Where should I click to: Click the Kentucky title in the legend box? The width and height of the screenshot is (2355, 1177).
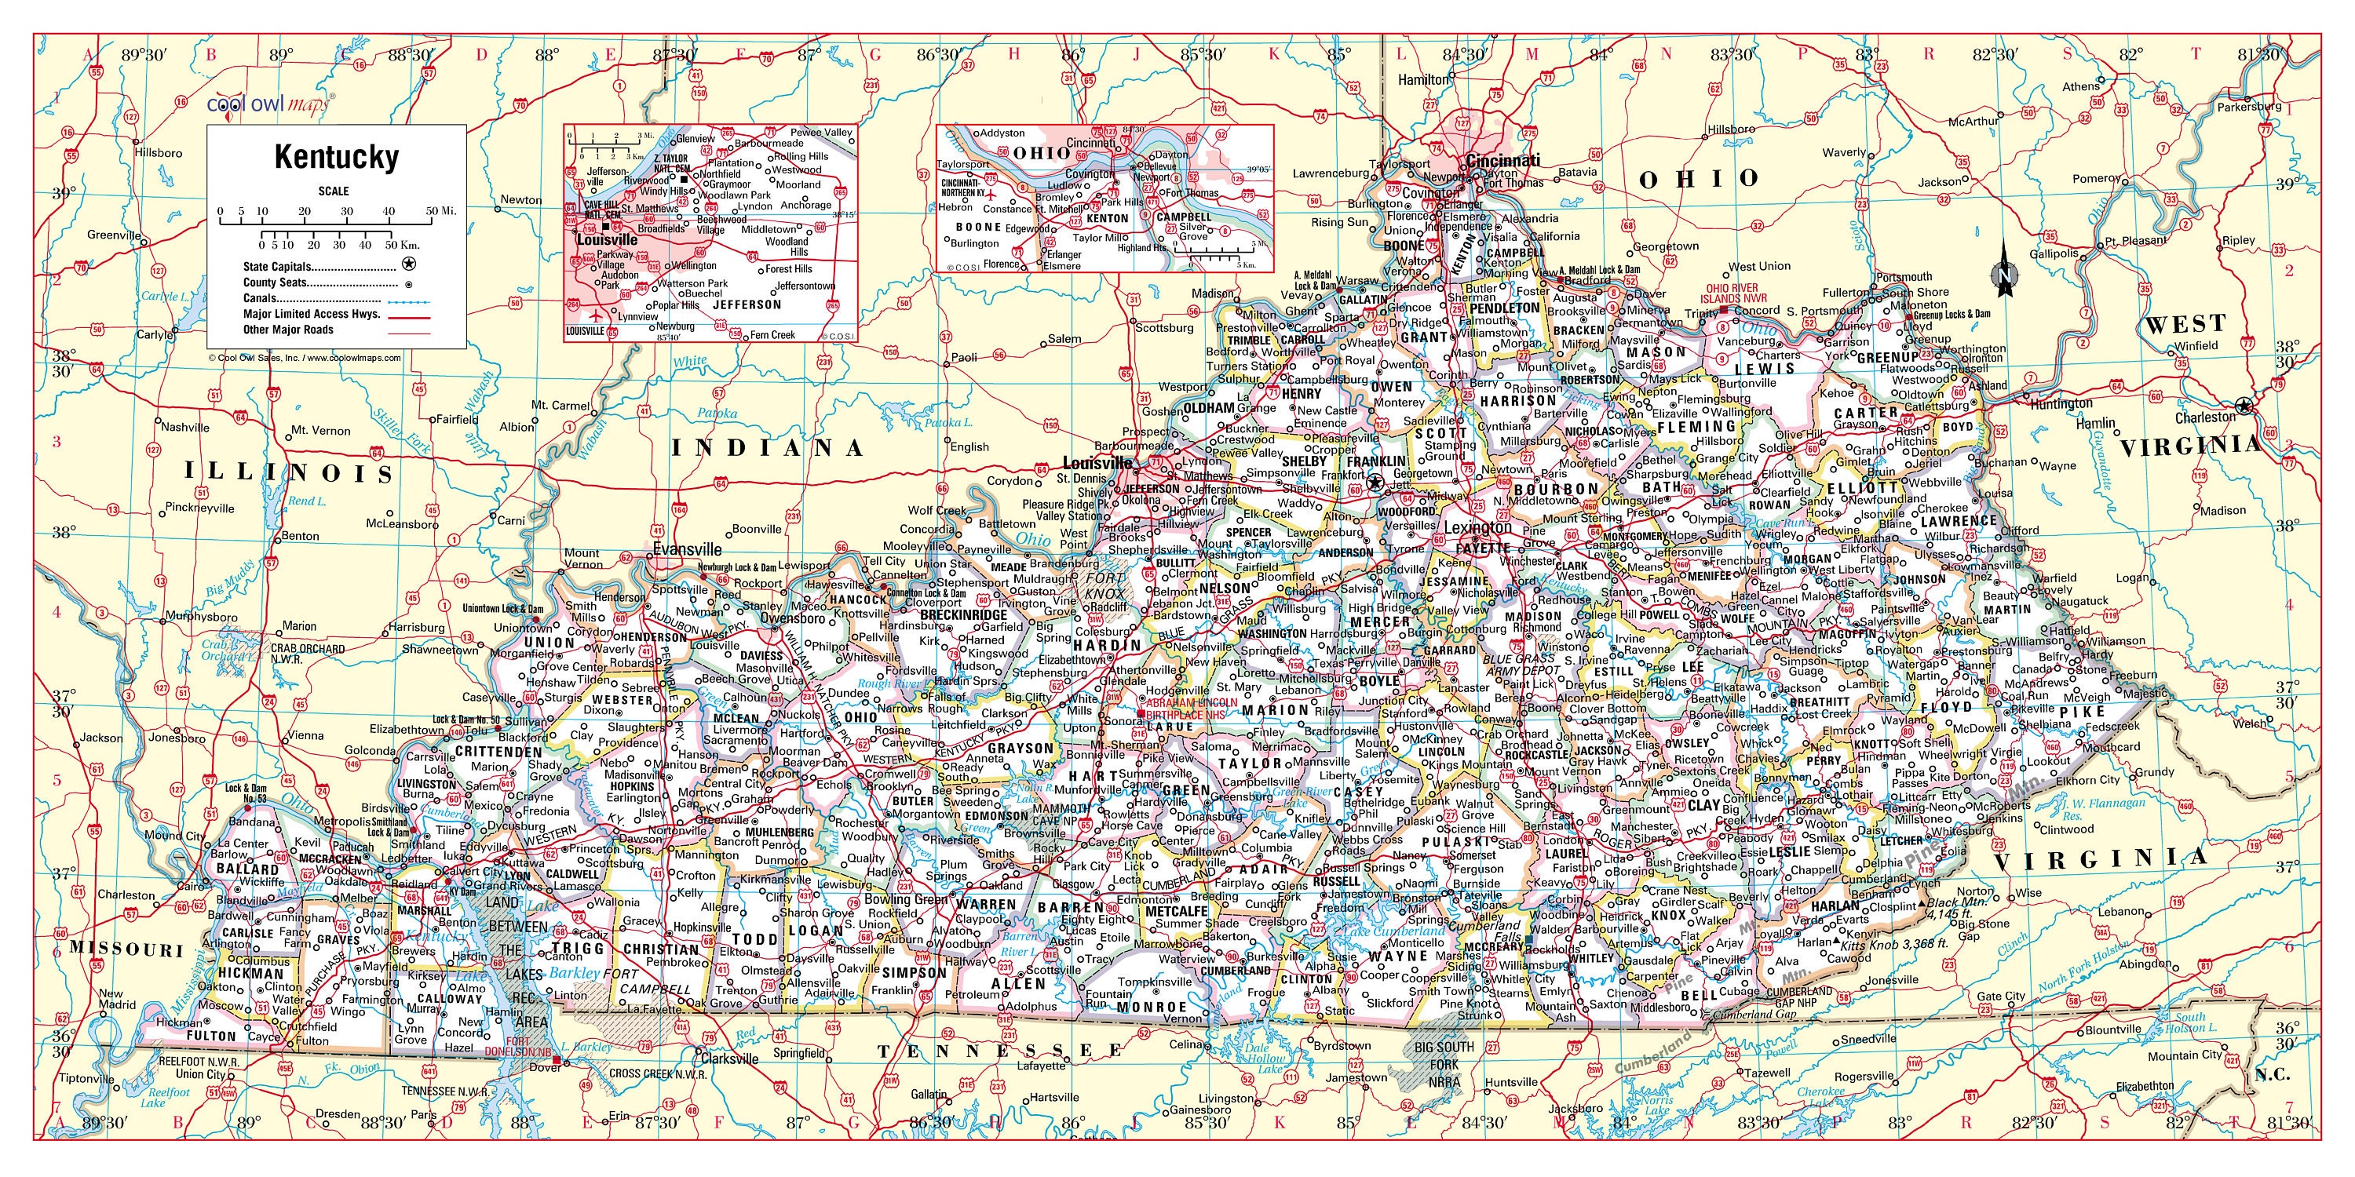point(337,157)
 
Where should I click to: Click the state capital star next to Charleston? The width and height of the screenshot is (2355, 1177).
point(2244,406)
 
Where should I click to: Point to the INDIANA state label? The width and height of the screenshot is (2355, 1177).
point(768,446)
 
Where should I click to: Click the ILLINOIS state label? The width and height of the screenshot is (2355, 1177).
point(289,472)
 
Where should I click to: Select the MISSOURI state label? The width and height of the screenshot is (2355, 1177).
point(128,948)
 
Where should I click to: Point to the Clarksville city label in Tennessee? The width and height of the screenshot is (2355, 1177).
point(728,1059)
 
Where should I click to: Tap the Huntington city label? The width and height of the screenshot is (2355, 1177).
point(2061,403)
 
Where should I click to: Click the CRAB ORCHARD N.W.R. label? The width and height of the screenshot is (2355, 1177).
point(307,654)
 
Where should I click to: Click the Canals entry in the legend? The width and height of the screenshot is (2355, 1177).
point(261,298)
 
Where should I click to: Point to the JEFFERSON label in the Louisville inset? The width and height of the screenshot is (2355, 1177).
point(747,304)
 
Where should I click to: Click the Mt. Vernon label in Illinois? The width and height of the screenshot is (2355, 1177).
point(320,431)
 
